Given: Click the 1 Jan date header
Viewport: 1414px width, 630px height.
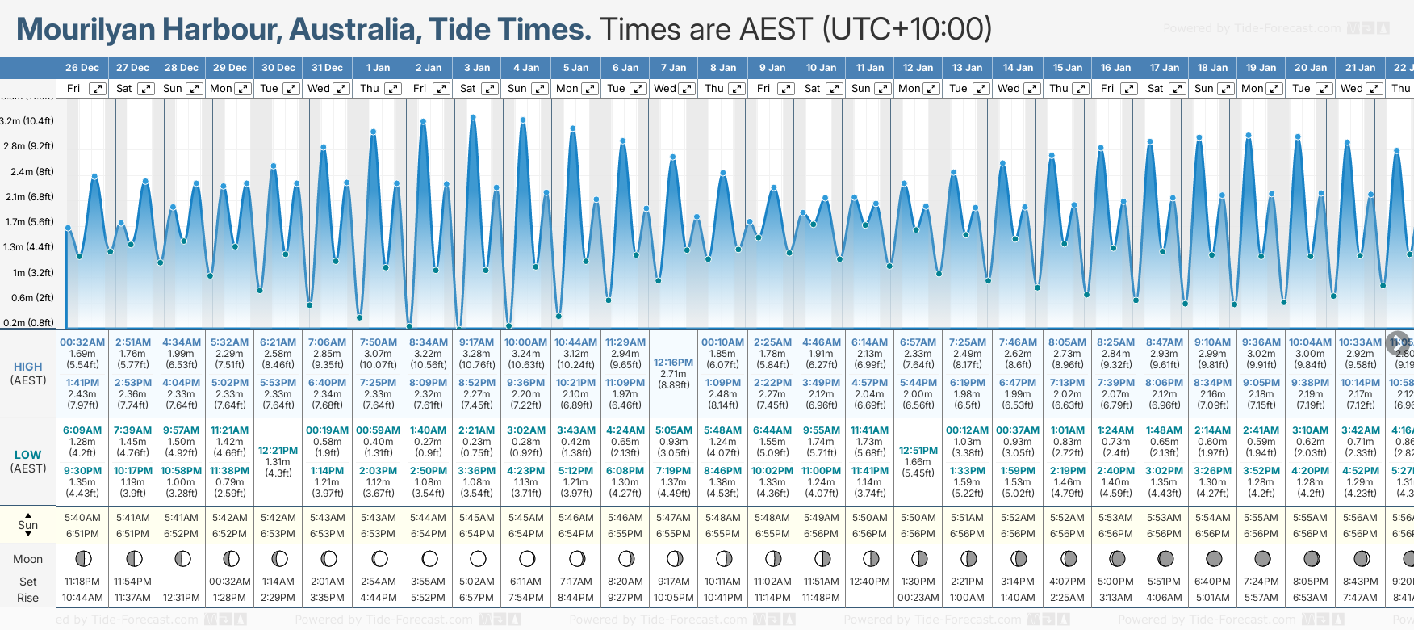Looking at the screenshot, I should coord(378,68).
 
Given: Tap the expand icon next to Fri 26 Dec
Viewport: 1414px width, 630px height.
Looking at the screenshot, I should coord(97,89).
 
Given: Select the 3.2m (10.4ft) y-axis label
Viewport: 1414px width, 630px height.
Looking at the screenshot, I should coord(27,121).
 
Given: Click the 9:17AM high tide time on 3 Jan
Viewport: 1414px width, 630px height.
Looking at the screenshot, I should coord(476,342).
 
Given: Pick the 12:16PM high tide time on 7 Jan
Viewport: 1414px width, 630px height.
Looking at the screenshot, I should coord(673,363).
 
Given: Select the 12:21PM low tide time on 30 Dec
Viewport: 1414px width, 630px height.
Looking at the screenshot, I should coord(278,451).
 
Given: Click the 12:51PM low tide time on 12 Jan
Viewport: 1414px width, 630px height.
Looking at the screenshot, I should coord(918,451).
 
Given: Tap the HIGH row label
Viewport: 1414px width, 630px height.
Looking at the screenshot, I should coord(27,367).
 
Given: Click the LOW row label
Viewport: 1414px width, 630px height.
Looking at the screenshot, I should coord(27,455).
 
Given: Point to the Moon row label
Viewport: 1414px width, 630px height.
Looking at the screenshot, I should coord(27,559).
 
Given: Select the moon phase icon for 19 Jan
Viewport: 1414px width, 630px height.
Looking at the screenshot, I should coord(1262,558).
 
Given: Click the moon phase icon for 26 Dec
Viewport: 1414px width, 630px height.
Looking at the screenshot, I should coord(82,558).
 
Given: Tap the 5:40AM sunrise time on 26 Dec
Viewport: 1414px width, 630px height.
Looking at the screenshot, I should coord(82,518).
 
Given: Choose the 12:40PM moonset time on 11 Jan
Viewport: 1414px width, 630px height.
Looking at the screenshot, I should coord(869,582).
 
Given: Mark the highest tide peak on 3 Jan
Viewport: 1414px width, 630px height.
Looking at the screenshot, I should coord(473,117).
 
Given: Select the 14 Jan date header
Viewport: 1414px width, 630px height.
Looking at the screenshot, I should coord(1019,68).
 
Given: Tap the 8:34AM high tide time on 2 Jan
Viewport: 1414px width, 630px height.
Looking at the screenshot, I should coord(428,342).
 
